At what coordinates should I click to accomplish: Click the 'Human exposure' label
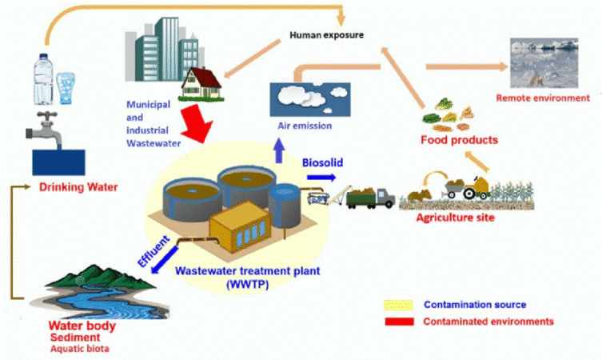point(327,35)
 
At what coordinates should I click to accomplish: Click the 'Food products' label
point(459,140)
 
